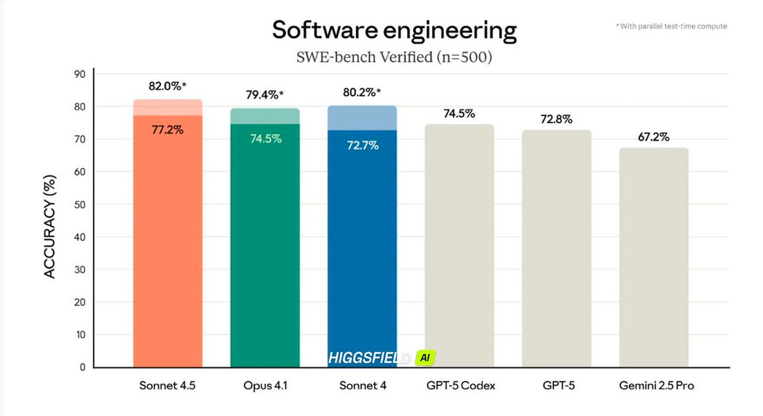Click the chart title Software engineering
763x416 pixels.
394,30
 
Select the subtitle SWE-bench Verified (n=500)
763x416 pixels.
394,57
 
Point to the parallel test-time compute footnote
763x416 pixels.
671,26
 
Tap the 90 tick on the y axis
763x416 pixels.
80,74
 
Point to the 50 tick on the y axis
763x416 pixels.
80,204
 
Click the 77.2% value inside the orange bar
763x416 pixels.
167,130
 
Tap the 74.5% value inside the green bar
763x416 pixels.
265,139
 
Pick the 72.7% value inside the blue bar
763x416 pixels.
362,146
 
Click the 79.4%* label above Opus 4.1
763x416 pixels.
265,95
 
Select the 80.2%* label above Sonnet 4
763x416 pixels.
362,92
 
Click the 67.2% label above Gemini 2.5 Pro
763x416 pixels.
653,137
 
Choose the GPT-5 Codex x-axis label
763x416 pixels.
459,386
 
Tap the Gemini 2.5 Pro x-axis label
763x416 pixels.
654,386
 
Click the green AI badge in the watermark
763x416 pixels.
424,358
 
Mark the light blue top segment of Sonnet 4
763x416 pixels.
362,118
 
